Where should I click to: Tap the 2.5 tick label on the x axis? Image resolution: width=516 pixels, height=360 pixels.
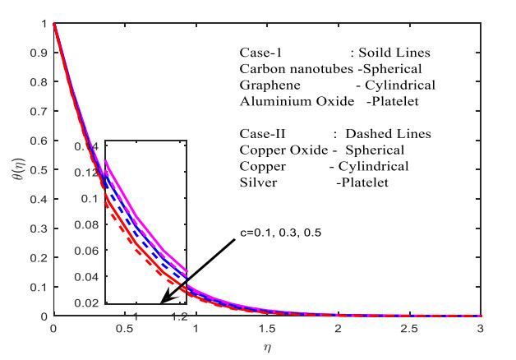point(409,329)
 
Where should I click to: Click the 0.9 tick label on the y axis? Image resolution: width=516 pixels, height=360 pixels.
point(42,52)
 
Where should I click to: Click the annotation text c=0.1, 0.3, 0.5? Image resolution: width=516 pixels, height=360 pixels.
point(275,232)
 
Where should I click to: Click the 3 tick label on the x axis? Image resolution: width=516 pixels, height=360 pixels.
point(481,329)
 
